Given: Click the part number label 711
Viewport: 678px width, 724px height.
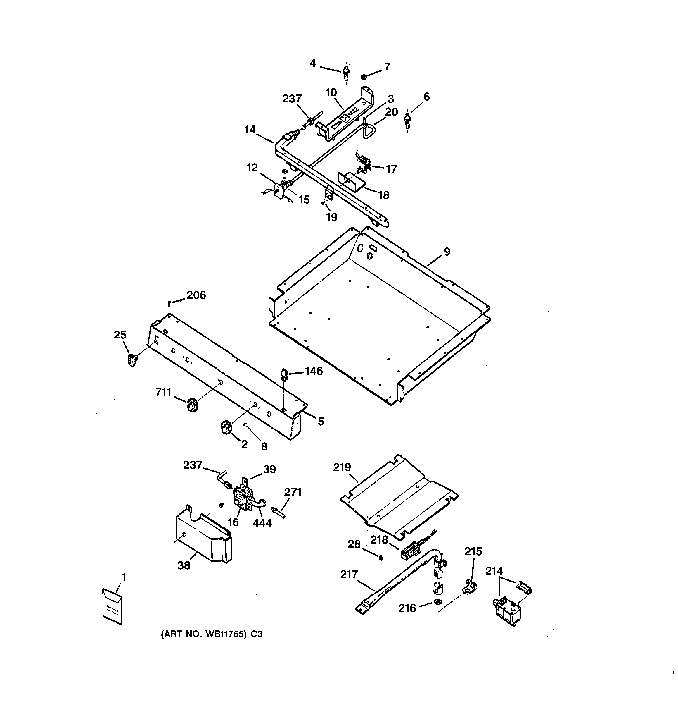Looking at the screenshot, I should point(163,392).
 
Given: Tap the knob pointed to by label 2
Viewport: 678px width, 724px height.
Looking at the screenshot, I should point(226,427).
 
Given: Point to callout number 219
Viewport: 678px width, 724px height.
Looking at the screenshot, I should point(342,467).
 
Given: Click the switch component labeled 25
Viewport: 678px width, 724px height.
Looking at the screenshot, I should point(132,359).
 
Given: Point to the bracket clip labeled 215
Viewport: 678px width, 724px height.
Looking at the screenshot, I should point(471,586).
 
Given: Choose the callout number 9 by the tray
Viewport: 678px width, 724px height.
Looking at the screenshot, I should point(447,252).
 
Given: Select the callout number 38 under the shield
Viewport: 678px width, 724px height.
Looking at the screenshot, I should point(184,565).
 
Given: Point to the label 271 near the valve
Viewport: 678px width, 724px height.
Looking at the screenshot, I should point(293,492).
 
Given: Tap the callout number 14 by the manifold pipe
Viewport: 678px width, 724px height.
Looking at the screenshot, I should point(250,130).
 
